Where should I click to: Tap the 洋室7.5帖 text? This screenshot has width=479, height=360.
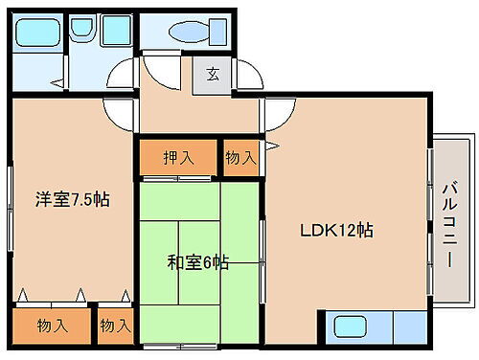click(x=72, y=200)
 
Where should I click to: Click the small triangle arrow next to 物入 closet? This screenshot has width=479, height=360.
click(x=274, y=146)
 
